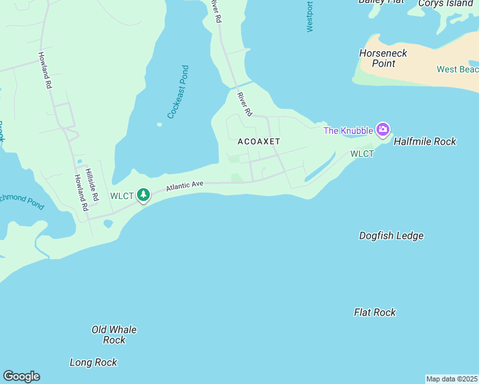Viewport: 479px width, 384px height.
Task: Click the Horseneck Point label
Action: (383, 58)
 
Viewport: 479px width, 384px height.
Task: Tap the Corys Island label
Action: (444, 3)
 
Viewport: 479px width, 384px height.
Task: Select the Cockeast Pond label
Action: (178, 92)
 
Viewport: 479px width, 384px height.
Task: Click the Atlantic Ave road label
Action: (184, 186)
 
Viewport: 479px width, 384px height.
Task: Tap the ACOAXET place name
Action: (259, 141)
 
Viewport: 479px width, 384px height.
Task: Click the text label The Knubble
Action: (348, 131)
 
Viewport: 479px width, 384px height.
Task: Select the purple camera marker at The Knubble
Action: (382, 130)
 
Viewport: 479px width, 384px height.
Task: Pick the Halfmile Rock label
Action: (425, 141)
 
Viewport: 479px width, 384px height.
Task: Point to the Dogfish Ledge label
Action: (391, 236)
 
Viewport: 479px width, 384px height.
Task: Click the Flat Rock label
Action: (375, 312)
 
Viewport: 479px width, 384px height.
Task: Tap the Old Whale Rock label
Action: (114, 335)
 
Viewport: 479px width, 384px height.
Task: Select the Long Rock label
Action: (93, 362)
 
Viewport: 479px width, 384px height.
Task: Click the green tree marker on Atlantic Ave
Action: (144, 195)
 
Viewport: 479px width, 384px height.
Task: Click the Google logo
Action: (21, 376)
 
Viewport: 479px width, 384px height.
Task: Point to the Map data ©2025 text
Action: (451, 379)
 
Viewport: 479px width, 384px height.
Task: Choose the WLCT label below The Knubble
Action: (362, 154)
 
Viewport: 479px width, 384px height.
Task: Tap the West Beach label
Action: (457, 69)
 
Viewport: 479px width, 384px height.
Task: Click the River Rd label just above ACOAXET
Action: (244, 104)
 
